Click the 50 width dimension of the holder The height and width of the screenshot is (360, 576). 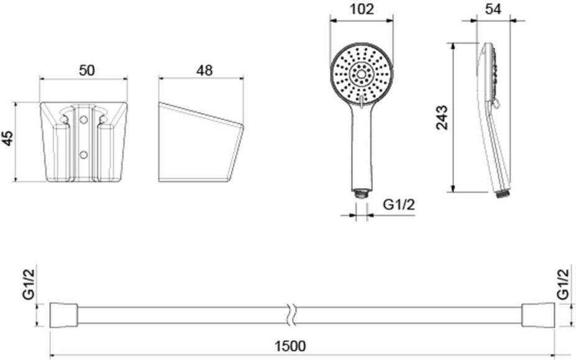click(86, 70)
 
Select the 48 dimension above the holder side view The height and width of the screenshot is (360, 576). click(203, 70)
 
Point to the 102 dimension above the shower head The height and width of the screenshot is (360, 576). click(361, 9)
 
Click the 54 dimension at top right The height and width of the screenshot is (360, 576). click(494, 9)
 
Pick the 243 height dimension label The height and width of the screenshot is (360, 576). click(442, 118)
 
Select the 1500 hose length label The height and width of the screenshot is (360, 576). click(290, 346)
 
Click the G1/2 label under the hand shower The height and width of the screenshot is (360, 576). click(398, 205)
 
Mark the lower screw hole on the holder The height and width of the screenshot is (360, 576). click(83, 154)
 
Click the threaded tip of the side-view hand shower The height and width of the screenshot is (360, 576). click(503, 193)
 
